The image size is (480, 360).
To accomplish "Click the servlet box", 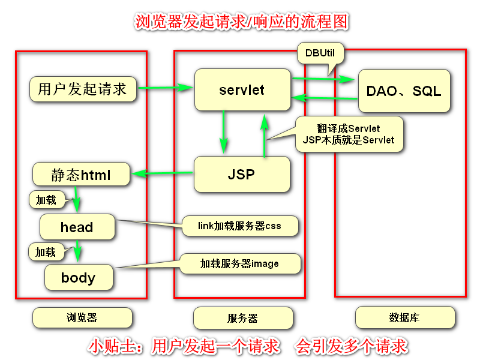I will click(x=242, y=90).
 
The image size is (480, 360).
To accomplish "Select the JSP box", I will click(x=241, y=175).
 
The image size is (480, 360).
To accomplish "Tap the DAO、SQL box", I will click(x=403, y=91).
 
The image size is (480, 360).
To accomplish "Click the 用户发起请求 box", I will click(x=82, y=90).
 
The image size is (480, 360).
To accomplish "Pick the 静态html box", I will click(x=81, y=175).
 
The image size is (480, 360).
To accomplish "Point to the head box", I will click(x=77, y=227).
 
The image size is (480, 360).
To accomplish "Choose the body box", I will click(x=78, y=278).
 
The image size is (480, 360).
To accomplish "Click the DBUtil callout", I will click(x=320, y=54).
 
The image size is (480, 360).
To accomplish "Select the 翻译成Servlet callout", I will click(x=347, y=134).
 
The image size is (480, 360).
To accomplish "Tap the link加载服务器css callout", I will click(x=239, y=226).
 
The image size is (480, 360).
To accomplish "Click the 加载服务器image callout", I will click(x=239, y=263).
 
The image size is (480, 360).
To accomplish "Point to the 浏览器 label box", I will click(x=82, y=318).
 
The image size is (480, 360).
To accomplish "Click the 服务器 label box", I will click(x=242, y=318).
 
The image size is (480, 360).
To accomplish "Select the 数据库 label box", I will click(x=404, y=317).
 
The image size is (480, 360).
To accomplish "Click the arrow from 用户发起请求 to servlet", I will click(x=165, y=89).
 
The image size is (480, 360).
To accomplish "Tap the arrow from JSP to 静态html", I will click(x=163, y=175).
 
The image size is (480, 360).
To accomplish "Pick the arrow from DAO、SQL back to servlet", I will click(x=325, y=98).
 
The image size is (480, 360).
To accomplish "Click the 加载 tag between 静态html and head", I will click(x=46, y=200).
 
